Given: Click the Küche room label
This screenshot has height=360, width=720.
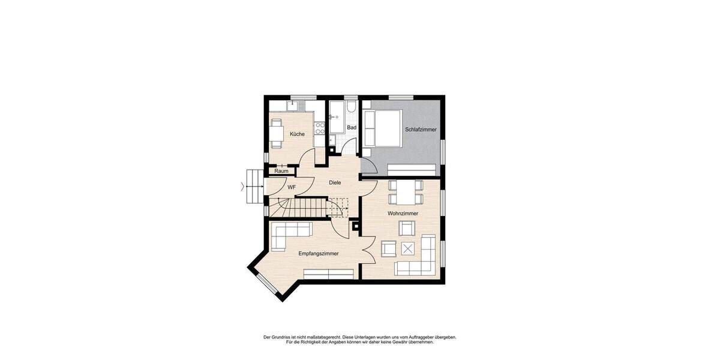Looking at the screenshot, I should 297,134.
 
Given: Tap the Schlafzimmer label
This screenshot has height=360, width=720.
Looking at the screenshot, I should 421,130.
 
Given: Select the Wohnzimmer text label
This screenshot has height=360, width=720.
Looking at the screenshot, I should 403,214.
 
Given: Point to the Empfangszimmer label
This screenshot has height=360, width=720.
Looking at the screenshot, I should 319,254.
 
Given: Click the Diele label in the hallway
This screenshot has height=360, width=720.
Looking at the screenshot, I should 335,183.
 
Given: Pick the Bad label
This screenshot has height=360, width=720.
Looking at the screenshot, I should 352,128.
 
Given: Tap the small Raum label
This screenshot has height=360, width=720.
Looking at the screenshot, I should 281,172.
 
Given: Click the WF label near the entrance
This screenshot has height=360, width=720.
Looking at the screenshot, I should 292,188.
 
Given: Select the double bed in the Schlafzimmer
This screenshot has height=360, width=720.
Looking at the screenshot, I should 383,128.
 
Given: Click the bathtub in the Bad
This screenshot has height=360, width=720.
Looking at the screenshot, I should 336,118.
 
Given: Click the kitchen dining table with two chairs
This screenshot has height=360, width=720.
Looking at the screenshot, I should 276,133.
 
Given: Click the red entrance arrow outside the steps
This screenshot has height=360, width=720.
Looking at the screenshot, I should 242,187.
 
